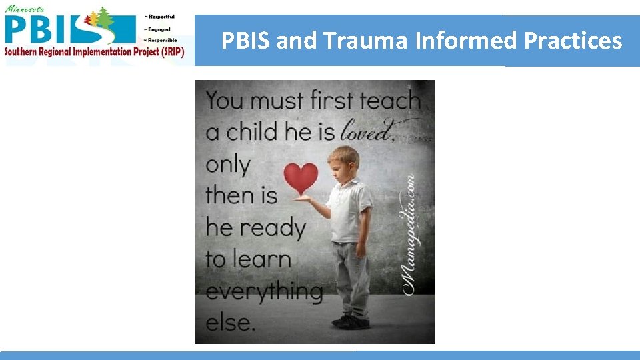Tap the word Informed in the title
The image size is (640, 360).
click(467, 41)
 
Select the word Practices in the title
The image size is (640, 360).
click(573, 41)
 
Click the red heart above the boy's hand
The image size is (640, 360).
click(301, 179)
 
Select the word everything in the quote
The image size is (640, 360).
click(263, 291)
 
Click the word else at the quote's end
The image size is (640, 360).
click(230, 323)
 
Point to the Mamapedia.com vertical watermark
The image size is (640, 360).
click(408, 233)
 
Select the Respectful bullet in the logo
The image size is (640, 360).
click(160, 17)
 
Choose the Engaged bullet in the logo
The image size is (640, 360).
click(158, 29)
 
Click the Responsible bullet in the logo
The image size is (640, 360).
click(161, 40)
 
